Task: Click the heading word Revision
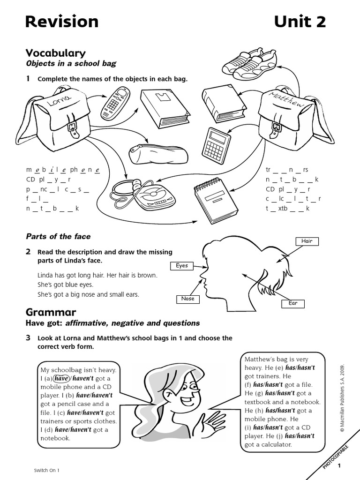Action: click(x=61, y=22)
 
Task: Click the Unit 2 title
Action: click(x=300, y=22)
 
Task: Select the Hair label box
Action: click(x=307, y=241)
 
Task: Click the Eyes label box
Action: click(x=181, y=266)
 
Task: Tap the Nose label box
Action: click(x=187, y=299)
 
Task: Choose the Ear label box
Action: click(x=292, y=304)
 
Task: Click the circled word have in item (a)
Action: click(x=61, y=378)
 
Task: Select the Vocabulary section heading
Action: click(x=55, y=53)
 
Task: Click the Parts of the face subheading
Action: click(x=58, y=236)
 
